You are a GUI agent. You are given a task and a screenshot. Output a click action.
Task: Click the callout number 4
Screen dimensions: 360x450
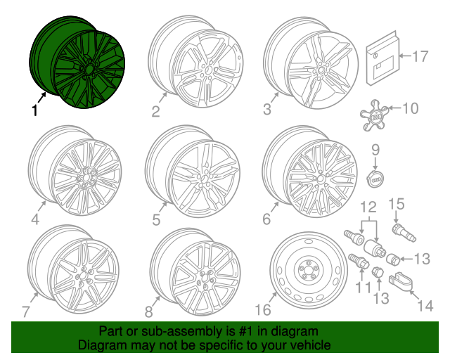point(35,219)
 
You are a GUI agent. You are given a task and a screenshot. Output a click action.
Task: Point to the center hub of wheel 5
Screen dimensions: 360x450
point(203,179)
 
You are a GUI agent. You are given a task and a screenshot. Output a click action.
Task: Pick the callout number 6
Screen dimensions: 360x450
point(266,219)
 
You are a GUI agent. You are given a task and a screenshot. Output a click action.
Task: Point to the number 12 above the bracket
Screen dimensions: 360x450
point(368,206)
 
